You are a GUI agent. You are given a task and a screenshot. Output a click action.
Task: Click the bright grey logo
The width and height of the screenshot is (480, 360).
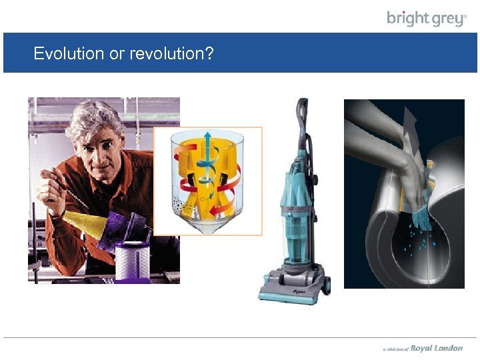click(427, 18)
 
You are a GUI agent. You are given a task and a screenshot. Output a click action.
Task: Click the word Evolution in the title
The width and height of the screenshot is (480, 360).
click(69, 53)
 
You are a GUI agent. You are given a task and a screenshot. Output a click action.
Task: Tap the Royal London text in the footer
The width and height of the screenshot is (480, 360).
click(436, 348)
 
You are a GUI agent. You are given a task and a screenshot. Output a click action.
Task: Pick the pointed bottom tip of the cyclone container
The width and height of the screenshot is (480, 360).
click(208, 229)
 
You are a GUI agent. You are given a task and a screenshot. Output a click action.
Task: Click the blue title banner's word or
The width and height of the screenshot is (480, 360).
click(117, 53)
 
